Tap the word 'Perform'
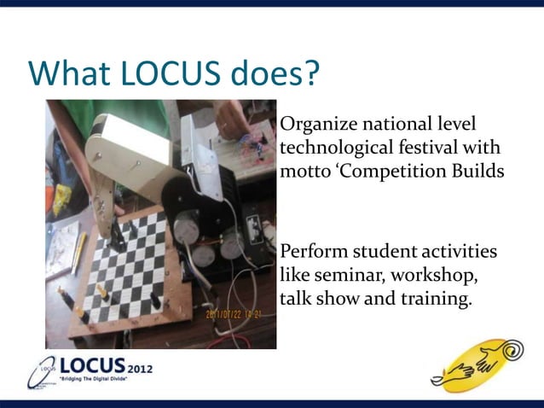pos(312,254)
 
